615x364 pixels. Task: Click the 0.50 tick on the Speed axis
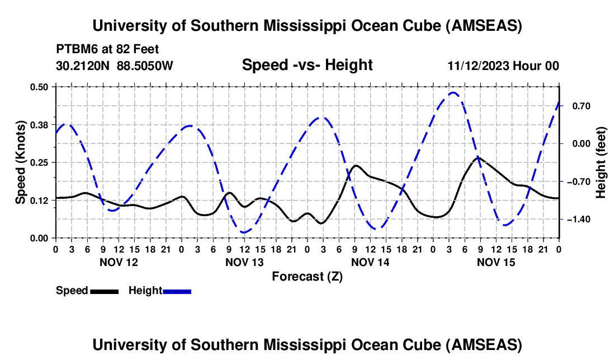tap(42, 87)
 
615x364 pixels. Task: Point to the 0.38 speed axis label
tap(42, 124)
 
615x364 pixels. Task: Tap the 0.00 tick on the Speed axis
tap(42, 238)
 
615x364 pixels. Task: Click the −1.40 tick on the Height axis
tap(575, 219)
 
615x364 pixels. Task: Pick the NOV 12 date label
tap(119, 262)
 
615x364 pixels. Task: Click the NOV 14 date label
tap(371, 262)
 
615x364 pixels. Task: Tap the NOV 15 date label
tap(496, 262)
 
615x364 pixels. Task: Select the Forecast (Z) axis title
tap(307, 276)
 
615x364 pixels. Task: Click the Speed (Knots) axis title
tap(21, 162)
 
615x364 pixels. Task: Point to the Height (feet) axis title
tap(601, 162)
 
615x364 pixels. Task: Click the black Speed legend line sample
tap(104, 291)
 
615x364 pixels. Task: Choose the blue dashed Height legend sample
tap(177, 291)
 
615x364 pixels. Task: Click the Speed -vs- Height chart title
tap(307, 65)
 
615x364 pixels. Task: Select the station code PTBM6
tap(74, 49)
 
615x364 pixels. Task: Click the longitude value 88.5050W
tap(145, 66)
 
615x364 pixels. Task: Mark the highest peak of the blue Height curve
tap(453, 93)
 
